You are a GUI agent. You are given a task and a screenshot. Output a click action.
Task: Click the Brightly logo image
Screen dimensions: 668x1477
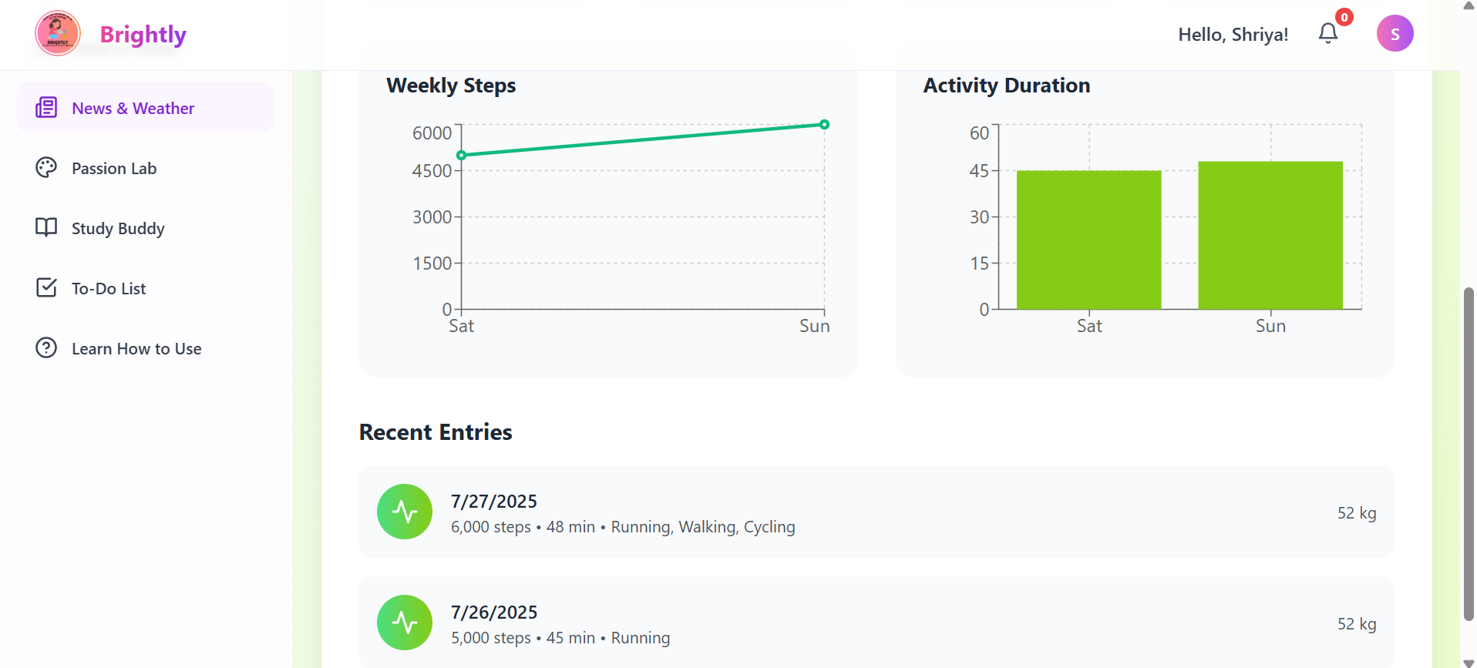point(58,33)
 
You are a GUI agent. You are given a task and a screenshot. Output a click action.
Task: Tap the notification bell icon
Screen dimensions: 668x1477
point(1327,33)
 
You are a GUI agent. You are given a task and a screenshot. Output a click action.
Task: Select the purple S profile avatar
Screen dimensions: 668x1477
point(1395,34)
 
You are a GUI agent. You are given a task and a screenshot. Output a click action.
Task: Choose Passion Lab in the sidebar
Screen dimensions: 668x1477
point(114,168)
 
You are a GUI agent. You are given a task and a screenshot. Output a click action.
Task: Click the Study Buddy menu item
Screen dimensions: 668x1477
point(118,228)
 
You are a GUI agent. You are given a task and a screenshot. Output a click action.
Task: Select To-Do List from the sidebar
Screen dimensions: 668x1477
point(109,288)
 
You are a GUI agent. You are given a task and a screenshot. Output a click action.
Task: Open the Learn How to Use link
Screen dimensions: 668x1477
point(136,348)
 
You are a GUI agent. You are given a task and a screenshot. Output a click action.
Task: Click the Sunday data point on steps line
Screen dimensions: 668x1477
point(824,125)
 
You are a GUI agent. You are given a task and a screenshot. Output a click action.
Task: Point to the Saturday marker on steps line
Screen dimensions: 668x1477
point(462,156)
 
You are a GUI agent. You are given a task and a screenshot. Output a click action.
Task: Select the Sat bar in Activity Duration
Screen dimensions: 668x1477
point(1088,240)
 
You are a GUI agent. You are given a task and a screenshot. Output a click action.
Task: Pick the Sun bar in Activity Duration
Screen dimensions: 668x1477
point(1270,235)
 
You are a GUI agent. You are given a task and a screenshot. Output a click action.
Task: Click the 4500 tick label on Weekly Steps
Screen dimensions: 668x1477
point(432,171)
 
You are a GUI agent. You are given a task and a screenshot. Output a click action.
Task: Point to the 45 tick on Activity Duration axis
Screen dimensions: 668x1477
point(979,171)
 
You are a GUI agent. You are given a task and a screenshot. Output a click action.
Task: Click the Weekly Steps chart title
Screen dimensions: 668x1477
point(451,86)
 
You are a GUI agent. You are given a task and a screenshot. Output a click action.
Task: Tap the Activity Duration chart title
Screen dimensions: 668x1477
point(1006,86)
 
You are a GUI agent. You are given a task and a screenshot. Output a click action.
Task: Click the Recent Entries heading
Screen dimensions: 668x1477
point(436,432)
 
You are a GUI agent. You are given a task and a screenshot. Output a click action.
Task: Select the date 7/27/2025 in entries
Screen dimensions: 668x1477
point(494,502)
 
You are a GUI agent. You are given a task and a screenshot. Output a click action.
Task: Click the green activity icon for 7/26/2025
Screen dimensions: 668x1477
point(405,623)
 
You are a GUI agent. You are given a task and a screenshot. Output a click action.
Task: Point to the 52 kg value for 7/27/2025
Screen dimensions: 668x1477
point(1356,513)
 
